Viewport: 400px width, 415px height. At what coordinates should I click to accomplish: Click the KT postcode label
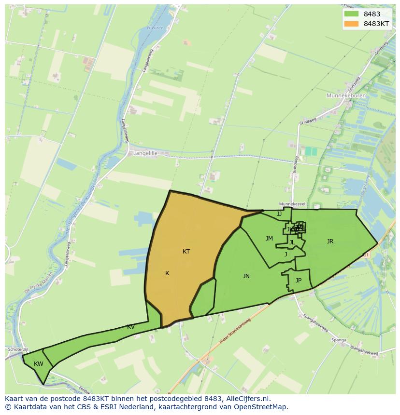(x=186, y=252)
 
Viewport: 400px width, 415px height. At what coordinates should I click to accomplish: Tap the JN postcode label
(x=246, y=276)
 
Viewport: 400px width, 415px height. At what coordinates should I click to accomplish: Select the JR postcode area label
(x=330, y=241)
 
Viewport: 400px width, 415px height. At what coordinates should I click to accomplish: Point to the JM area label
(x=269, y=239)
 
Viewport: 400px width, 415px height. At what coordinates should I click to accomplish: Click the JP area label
(x=299, y=281)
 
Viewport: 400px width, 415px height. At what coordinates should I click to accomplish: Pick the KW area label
(x=39, y=364)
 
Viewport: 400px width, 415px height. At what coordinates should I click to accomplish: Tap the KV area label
(x=131, y=327)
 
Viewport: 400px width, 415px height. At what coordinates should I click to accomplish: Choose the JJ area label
(x=279, y=214)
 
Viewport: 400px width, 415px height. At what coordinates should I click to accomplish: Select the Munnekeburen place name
(x=346, y=96)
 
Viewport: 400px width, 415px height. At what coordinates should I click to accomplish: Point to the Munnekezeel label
(x=289, y=204)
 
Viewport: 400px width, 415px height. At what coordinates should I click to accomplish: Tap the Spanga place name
(x=339, y=340)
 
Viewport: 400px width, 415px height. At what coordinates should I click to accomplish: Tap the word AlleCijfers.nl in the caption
(x=248, y=399)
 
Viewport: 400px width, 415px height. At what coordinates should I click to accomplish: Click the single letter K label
(x=167, y=273)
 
